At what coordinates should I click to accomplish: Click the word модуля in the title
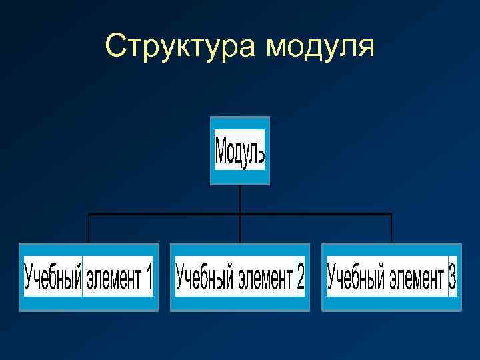pyautogui.click(x=320, y=47)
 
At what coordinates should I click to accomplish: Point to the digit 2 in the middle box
pyautogui.click(x=300, y=276)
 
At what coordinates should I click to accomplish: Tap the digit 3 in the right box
pyautogui.click(x=452, y=276)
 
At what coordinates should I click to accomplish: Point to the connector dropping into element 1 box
pyautogui.click(x=89, y=228)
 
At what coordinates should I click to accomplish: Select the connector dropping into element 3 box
pyautogui.click(x=391, y=228)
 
